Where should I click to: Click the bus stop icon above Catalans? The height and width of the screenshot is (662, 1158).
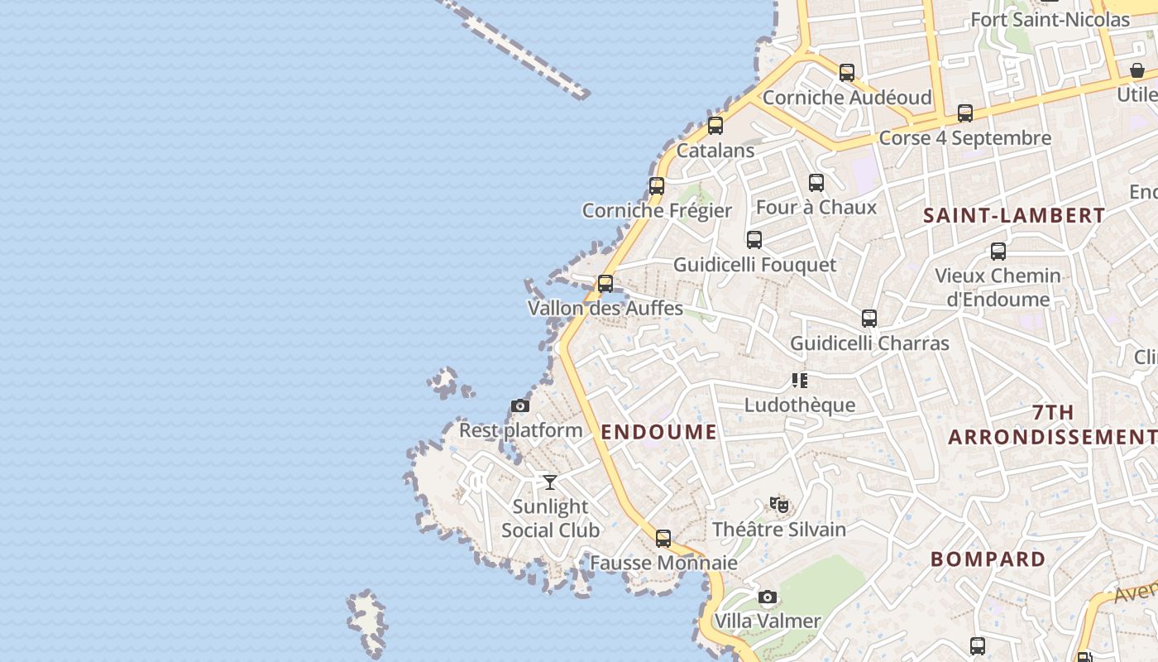[x=715, y=126]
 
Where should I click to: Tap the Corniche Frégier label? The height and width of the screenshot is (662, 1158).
[x=657, y=210]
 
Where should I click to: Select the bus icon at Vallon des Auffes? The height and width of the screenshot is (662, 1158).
[x=605, y=284]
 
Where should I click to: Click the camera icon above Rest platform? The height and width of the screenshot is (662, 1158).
[x=520, y=405]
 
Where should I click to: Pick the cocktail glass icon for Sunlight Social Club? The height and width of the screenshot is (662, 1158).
[x=550, y=482]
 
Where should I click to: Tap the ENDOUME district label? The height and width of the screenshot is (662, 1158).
[x=659, y=431]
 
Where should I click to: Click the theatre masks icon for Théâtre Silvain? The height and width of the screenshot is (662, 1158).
[x=779, y=504]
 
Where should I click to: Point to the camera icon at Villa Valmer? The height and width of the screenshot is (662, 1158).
[x=768, y=597]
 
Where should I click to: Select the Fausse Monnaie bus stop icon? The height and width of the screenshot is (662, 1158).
[x=663, y=539]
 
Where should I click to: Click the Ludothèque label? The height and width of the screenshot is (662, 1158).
[x=800, y=405]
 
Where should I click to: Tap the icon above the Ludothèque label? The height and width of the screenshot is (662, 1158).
[x=800, y=381]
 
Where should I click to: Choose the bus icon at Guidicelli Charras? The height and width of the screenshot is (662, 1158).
[x=869, y=319]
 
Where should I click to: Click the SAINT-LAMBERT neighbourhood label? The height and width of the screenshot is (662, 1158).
[x=1014, y=215]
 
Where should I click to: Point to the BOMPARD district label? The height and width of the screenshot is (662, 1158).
[x=988, y=559]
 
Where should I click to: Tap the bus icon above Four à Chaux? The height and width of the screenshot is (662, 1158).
[x=816, y=183]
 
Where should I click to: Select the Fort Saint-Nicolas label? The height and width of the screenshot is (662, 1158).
[x=1050, y=19]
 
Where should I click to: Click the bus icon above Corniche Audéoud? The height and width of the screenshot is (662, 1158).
[x=847, y=73]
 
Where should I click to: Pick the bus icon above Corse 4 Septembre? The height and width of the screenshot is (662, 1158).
[x=965, y=113]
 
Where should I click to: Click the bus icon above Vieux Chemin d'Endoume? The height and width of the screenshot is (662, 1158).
[x=998, y=252]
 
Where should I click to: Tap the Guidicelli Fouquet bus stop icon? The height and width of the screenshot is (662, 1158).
[x=754, y=240]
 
